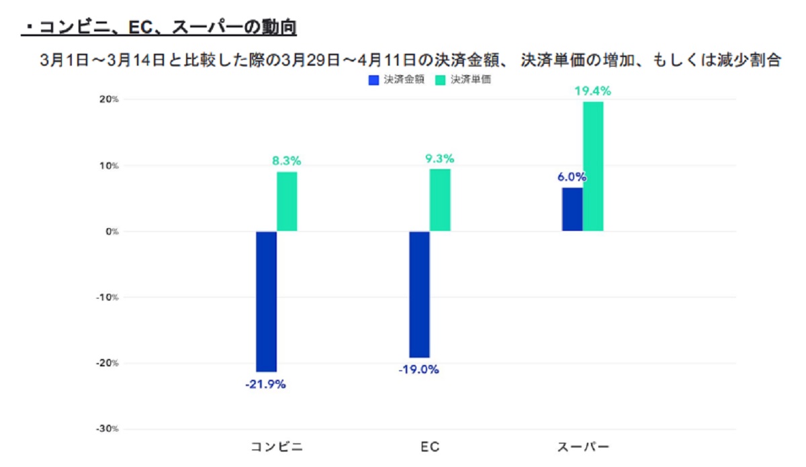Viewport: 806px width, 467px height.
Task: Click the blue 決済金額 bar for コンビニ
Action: pyautogui.click(x=267, y=301)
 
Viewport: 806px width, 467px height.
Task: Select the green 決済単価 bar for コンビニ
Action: pyautogui.click(x=287, y=202)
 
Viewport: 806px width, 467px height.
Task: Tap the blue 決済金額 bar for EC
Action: pyautogui.click(x=419, y=295)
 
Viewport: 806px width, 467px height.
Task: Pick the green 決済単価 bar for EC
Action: pyautogui.click(x=440, y=200)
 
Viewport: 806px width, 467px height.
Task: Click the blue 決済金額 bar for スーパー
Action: pyautogui.click(x=572, y=209)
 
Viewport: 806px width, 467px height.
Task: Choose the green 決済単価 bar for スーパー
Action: pyautogui.click(x=593, y=166)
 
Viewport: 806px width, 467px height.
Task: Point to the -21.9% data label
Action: pyautogui.click(x=265, y=384)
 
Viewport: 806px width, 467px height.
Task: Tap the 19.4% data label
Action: pyautogui.click(x=592, y=91)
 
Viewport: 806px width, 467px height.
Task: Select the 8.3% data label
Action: pyautogui.click(x=287, y=161)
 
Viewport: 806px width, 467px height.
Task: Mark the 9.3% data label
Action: pyautogui.click(x=440, y=158)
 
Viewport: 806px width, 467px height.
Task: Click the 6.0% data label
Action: pyautogui.click(x=572, y=178)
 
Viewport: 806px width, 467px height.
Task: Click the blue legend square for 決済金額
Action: pyautogui.click(x=374, y=80)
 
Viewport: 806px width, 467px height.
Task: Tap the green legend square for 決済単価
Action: pyautogui.click(x=441, y=80)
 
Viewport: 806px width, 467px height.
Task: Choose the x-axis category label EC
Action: pyautogui.click(x=430, y=447)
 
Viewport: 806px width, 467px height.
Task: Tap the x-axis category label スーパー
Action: pyautogui.click(x=583, y=447)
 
